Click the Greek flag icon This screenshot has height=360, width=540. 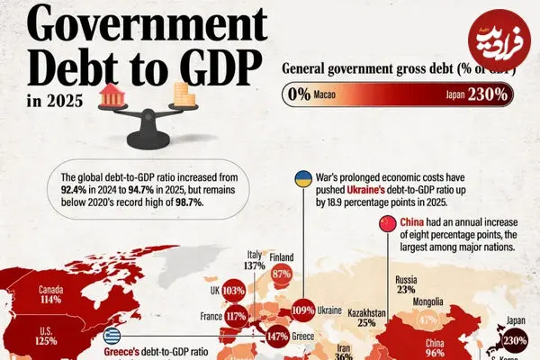tap(112, 337)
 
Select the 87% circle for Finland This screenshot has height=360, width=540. tap(283, 274)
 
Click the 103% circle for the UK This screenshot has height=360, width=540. tap(233, 291)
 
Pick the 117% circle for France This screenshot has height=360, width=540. tap(237, 316)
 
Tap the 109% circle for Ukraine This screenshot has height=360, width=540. tap(303, 310)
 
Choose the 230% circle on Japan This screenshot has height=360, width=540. tap(515, 342)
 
